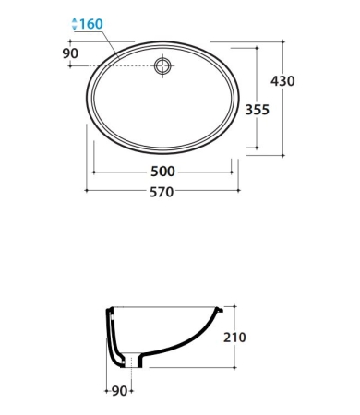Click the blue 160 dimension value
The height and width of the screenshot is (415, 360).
pos(91,24)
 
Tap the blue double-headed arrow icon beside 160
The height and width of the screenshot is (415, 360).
pos(74,24)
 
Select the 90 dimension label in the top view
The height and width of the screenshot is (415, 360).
pos(70,53)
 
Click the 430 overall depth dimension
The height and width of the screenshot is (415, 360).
pos(282,81)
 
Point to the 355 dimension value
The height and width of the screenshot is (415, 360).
pos(257,110)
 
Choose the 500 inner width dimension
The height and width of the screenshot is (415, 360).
pos(162,172)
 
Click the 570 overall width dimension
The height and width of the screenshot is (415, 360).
pos(162,192)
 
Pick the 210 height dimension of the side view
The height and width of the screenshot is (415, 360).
pos(234,338)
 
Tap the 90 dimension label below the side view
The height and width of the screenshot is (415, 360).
pos(119,391)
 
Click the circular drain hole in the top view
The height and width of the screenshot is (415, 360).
pos(162,66)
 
